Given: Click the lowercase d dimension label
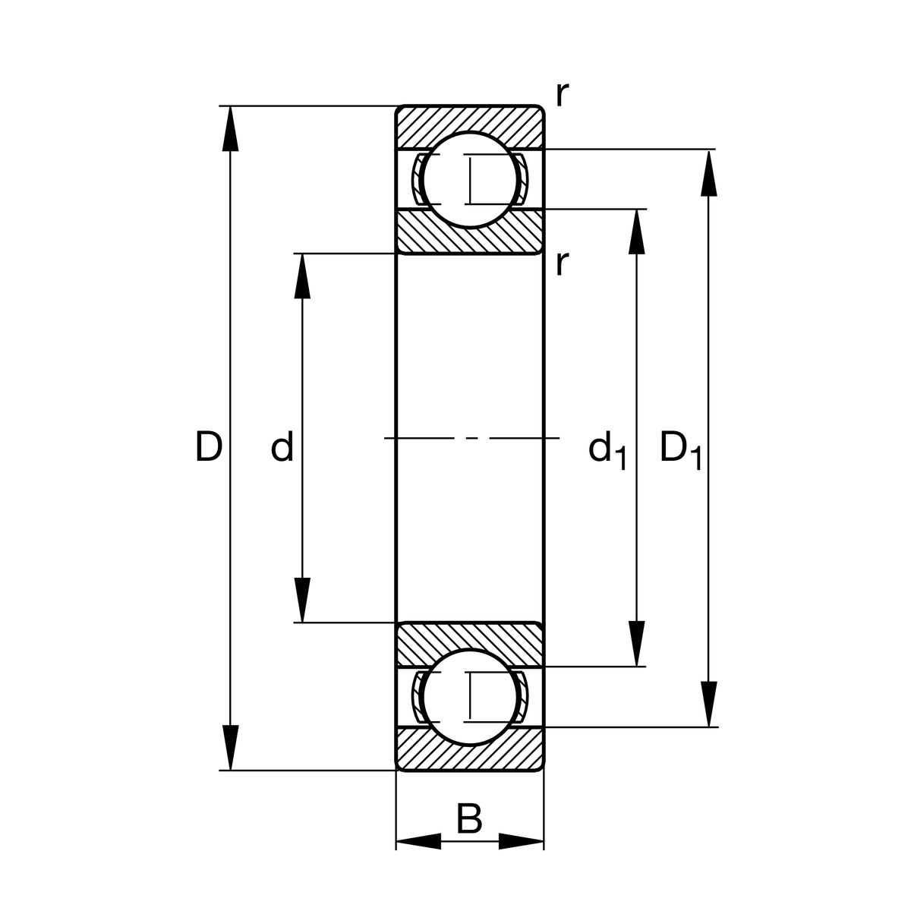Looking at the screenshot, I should click(282, 448).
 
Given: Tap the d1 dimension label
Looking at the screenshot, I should click(607, 450).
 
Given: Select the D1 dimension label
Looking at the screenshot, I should click(679, 449).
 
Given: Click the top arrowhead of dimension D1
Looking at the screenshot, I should click(708, 173).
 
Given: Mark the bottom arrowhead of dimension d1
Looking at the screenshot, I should click(636, 643).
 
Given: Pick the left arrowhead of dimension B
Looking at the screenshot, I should click(418, 841).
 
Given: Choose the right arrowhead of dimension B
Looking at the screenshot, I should click(522, 841).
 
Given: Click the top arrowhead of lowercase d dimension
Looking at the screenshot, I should click(302, 276).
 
